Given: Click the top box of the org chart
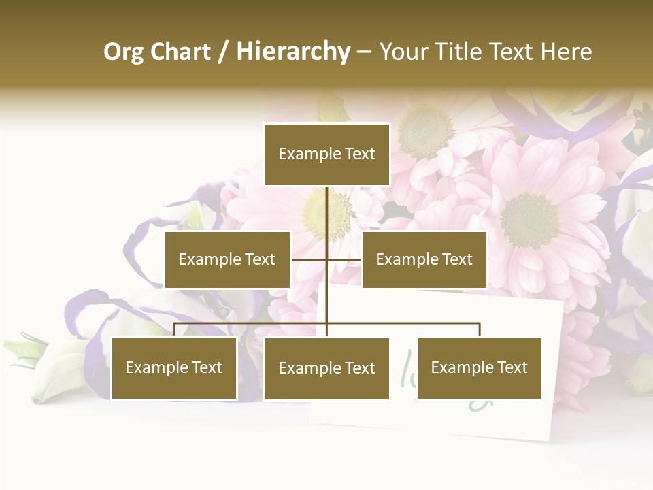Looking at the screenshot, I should tap(326, 154).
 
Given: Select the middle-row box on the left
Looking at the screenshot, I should tap(227, 259).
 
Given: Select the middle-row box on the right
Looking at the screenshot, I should tap(424, 259).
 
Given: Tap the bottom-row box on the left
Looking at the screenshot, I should tap(174, 367).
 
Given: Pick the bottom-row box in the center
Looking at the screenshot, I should tap(326, 368).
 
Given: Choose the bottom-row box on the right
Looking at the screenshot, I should tap(479, 367).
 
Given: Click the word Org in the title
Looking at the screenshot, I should tap(124, 52).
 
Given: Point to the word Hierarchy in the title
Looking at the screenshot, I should tap(293, 52).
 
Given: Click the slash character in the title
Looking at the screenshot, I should tap(224, 52).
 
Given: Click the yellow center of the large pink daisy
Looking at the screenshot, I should tap(529, 219).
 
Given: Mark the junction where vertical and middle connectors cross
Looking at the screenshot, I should tap(326, 259).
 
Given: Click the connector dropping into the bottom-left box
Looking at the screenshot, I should tap(174, 329).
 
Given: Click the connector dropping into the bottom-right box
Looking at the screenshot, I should tap(480, 329).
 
